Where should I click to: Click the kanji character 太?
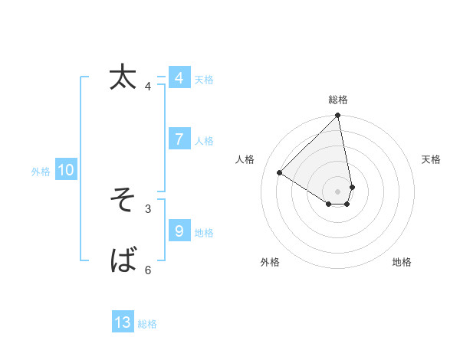point(123,77)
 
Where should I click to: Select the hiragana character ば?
point(123,261)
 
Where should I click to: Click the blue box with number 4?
point(179,78)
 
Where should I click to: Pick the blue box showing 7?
point(179,139)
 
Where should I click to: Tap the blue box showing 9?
point(179,231)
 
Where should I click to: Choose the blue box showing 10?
point(65,171)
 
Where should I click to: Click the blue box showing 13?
point(123,322)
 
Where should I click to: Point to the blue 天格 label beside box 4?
point(204,80)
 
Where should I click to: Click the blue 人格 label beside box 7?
point(204,141)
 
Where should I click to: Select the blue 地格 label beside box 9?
point(204,232)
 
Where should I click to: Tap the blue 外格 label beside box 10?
point(41,172)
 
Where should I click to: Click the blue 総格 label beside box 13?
point(147,324)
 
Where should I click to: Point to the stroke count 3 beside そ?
point(148,208)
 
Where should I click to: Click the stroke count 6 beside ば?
point(148,270)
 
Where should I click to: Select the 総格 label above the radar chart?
point(338,100)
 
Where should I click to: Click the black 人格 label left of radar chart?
point(245,159)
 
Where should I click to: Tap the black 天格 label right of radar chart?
point(431,159)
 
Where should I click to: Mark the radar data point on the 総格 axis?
point(338,116)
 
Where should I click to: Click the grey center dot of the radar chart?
point(338,191)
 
